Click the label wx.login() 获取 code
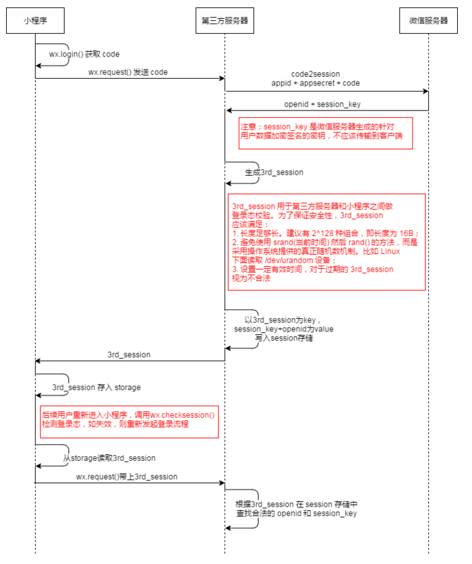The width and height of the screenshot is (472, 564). pos(84,54)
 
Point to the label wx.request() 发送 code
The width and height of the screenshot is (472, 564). pos(128,72)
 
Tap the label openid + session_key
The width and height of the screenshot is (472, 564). pos(326,104)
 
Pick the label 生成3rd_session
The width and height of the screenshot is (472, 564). pos(274,173)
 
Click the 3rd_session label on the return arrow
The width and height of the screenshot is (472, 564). pos(129,354)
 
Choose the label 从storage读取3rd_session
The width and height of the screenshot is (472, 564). pos(109,458)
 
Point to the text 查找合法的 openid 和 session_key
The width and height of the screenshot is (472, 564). pos(296,513)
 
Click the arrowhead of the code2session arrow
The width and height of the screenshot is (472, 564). pos(425,91)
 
